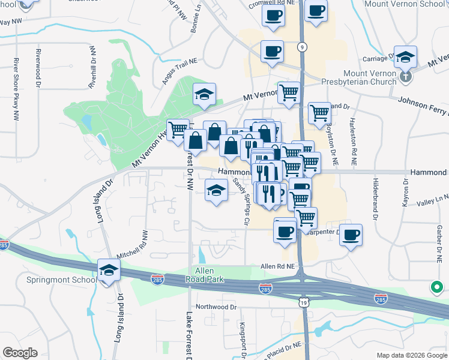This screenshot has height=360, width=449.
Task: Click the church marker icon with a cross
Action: point(406,76)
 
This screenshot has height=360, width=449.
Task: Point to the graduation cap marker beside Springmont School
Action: point(109,271)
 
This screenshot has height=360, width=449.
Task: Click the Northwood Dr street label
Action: point(216,306)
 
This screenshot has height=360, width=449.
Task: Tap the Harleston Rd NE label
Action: point(354,142)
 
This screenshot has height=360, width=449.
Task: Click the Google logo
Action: point(20,353)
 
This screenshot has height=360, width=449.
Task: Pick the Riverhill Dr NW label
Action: point(92,67)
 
